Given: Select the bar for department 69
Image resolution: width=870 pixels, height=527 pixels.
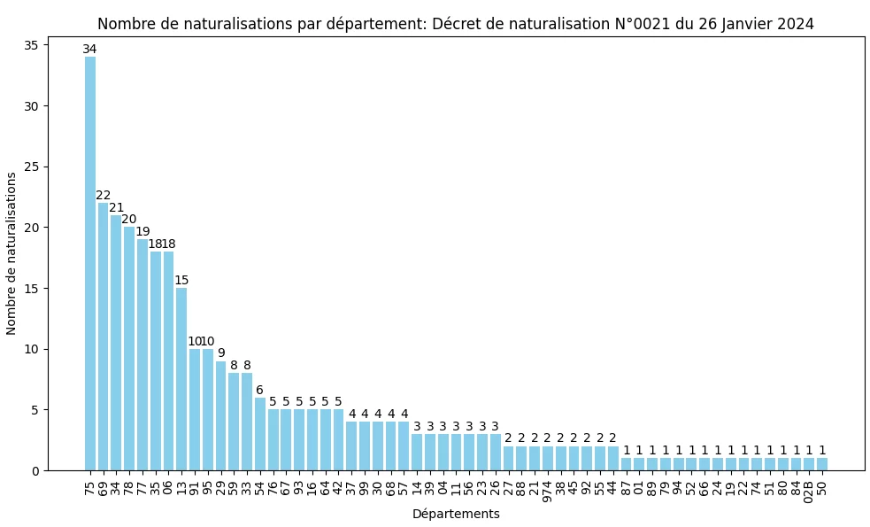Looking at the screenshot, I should point(103,337).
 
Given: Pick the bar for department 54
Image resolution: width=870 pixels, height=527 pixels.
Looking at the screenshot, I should point(259,434).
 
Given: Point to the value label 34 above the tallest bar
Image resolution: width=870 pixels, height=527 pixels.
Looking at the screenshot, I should point(89,50).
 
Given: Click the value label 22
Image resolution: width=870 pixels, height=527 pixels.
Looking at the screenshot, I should point(103,196).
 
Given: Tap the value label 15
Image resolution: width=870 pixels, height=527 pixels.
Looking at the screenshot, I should point(181,281).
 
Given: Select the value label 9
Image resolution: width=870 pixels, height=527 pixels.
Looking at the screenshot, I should point(220,353).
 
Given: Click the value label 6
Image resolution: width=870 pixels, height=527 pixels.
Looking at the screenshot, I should point(259,390).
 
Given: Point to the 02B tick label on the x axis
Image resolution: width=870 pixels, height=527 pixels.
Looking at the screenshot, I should point(809,488).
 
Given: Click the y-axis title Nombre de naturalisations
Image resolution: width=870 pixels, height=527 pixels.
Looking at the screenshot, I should point(12,253).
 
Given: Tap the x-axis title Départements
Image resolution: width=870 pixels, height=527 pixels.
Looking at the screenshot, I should point(456,514).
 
